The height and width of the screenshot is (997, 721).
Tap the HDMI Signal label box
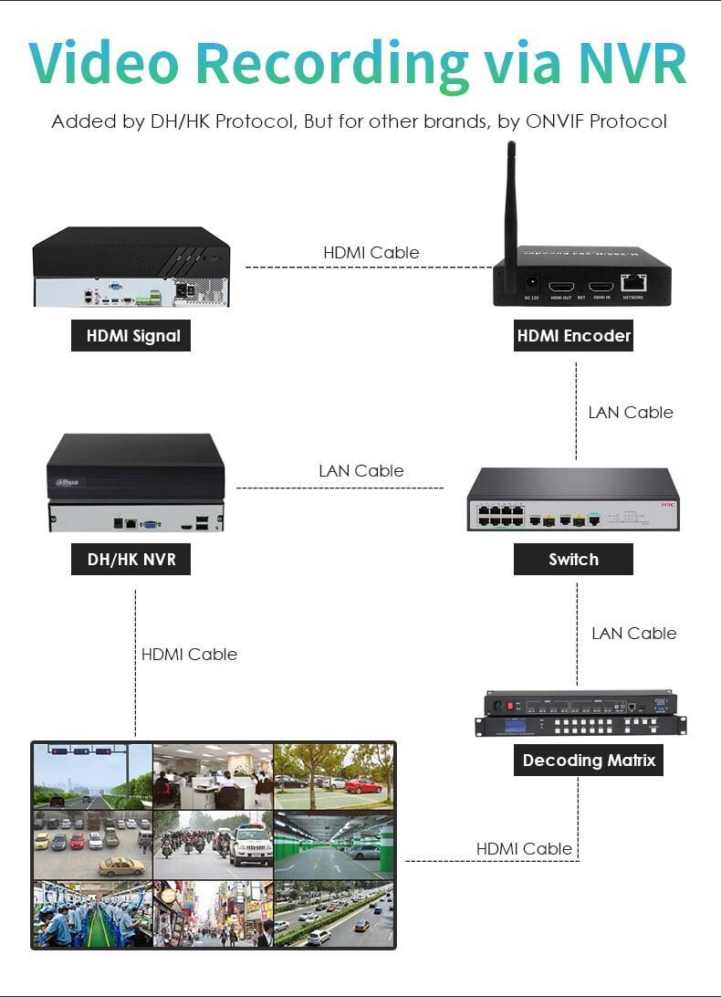pyautogui.click(x=132, y=336)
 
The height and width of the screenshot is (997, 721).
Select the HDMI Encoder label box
pyautogui.click(x=574, y=336)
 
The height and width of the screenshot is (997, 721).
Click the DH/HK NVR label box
pyautogui.click(x=131, y=560)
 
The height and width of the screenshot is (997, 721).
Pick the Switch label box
pyautogui.click(x=573, y=560)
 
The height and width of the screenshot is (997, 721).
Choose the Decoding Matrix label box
pyautogui.click(x=589, y=760)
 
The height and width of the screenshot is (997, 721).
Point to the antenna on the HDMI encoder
pyautogui.click(x=511, y=201)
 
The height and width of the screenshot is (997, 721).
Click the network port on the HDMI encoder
pyautogui.click(x=632, y=284)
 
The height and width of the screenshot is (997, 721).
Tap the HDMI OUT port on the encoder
pyautogui.click(x=560, y=285)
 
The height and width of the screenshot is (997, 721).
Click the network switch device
pyautogui.click(x=573, y=500)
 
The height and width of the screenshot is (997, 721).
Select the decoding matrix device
pyautogui.click(x=580, y=714)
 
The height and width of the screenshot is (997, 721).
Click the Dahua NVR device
pyautogui.click(x=135, y=481)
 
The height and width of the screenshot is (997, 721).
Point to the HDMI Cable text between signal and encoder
pyautogui.click(x=371, y=253)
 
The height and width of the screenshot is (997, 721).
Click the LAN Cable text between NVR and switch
pyautogui.click(x=360, y=471)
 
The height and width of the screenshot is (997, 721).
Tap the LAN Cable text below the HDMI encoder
pyautogui.click(x=631, y=413)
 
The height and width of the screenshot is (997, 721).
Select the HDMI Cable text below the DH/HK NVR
pyautogui.click(x=189, y=655)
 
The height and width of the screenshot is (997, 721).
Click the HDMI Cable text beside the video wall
pyautogui.click(x=524, y=849)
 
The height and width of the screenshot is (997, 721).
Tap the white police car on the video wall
pyautogui.click(x=250, y=846)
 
